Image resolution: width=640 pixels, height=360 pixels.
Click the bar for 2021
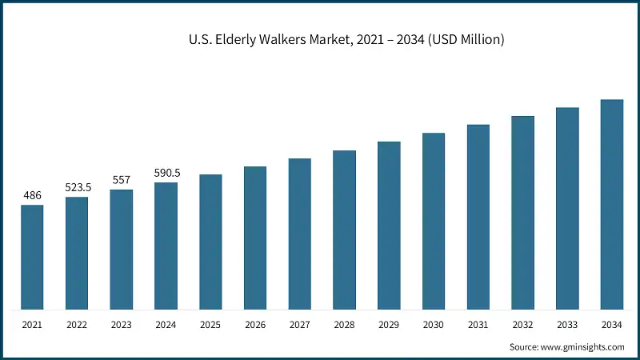click(x=32, y=257)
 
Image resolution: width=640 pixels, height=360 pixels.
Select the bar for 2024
click(x=166, y=246)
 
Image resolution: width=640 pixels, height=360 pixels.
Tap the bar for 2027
click(x=300, y=234)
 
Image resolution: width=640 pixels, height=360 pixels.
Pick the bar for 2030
click(x=434, y=221)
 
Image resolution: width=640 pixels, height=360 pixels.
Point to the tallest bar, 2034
click(x=612, y=204)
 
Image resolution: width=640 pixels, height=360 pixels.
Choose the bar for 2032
click(x=523, y=213)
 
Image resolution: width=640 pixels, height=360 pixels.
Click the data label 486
click(x=32, y=194)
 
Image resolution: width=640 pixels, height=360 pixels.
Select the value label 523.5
click(x=78, y=187)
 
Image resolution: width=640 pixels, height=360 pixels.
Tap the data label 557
click(x=122, y=179)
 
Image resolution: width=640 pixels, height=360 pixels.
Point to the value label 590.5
click(x=166, y=173)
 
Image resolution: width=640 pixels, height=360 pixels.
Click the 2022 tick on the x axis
click(x=77, y=325)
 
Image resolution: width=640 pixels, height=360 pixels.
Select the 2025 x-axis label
click(x=210, y=325)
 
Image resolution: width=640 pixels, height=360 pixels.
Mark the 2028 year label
click(x=345, y=325)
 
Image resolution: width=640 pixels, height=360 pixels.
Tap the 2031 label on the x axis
click(x=478, y=325)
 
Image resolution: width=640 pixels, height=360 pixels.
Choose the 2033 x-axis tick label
click(x=567, y=325)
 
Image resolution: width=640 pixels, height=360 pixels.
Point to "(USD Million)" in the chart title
click(x=461, y=39)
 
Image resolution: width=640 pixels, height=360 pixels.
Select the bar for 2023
click(x=122, y=250)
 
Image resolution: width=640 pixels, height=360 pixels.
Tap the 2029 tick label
click(x=389, y=325)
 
